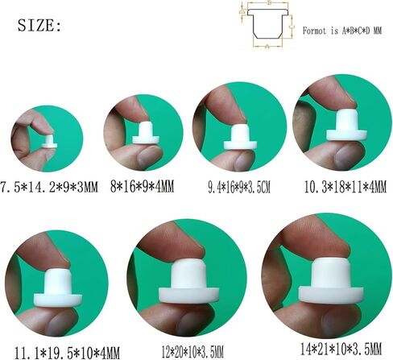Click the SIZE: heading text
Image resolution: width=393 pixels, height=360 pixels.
pos(39,26)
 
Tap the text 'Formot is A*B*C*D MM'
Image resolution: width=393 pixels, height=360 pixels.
pos(342,31)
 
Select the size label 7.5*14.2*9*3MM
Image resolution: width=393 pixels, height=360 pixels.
pos(49,187)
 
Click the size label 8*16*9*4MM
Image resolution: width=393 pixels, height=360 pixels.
pos(143,186)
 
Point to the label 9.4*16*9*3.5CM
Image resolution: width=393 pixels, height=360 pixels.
pos(239,187)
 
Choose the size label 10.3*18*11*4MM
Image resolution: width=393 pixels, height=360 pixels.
pos(345,187)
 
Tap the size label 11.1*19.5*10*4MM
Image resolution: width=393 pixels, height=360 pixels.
pos(67,353)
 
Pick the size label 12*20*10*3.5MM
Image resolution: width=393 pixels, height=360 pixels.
pos(192,352)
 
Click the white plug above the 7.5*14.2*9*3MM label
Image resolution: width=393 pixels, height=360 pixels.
pos(49,142)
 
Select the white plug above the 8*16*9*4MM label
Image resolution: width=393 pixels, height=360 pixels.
pos(146,133)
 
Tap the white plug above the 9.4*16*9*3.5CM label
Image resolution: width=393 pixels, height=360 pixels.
pos(240,137)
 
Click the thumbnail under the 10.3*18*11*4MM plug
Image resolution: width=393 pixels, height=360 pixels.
pos(347,155)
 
